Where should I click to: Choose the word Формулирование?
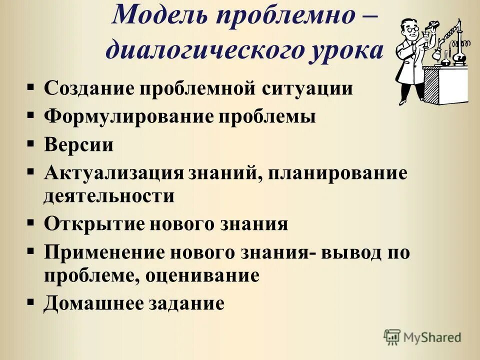pyautogui.click(x=127, y=117)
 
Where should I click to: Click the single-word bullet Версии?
pyautogui.click(x=78, y=145)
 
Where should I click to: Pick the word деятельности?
pyautogui.click(x=109, y=195)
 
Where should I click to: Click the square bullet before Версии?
pyautogui.click(x=31, y=143)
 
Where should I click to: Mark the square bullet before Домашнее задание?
pyautogui.click(x=31, y=301)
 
